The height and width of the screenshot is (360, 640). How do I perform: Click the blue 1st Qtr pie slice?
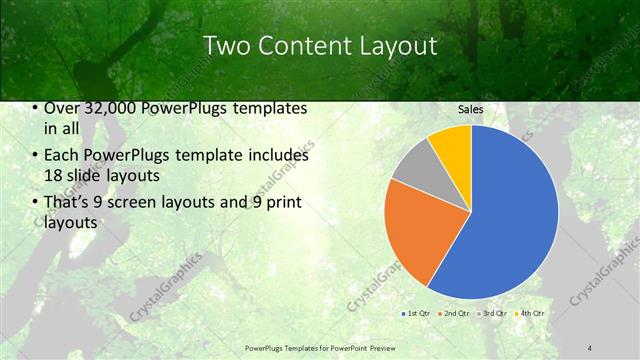point(510,220)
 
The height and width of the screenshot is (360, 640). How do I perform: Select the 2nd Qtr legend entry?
point(456,313)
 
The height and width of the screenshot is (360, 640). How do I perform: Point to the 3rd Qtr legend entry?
point(495,313)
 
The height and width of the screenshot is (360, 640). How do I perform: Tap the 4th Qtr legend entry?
point(532,313)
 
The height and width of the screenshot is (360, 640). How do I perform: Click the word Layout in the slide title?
point(399,45)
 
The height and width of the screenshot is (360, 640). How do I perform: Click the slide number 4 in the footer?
point(591,347)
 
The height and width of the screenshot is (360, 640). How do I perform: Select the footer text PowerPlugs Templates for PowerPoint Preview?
point(321,347)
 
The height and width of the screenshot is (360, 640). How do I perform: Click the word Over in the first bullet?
point(62,108)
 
